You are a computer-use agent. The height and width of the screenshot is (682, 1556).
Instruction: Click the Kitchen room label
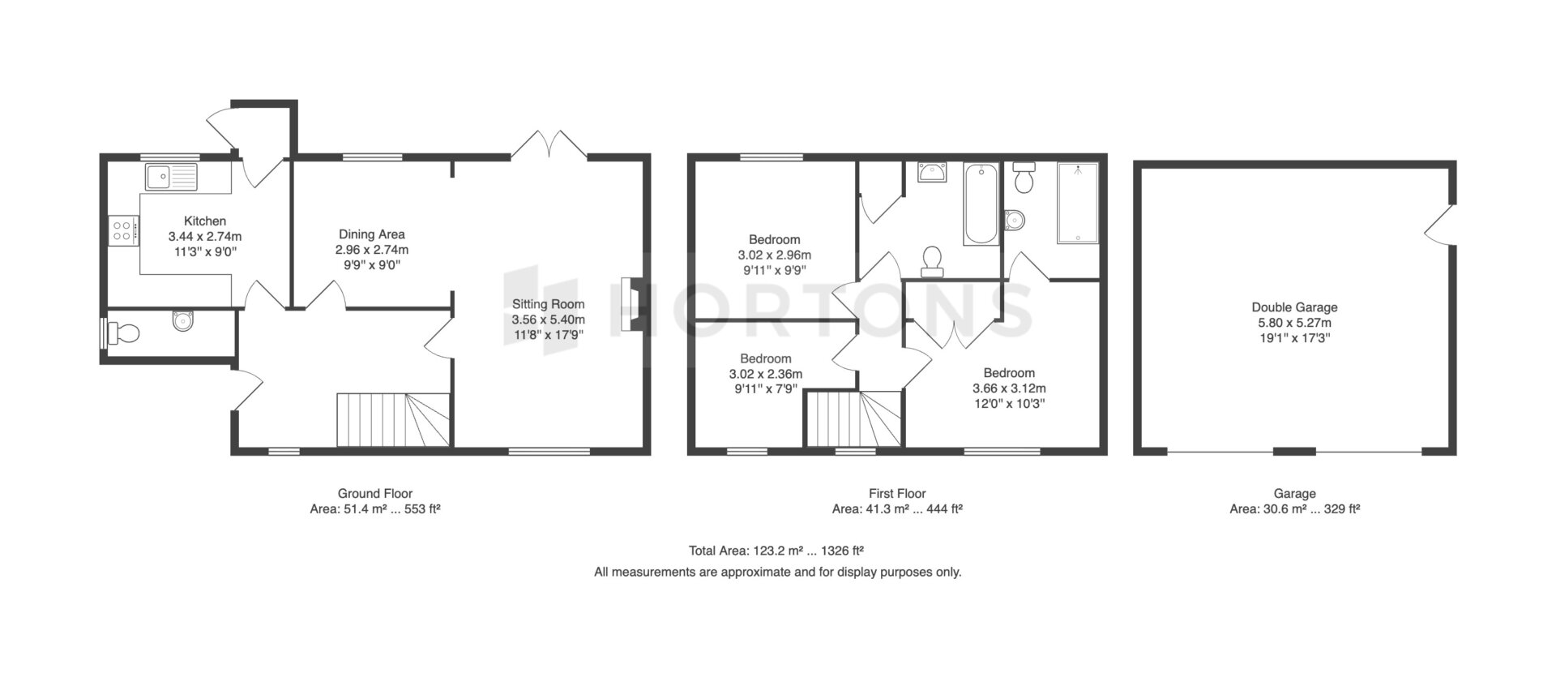tap(205, 221)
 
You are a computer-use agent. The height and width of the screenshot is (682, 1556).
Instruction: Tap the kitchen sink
tap(171, 175)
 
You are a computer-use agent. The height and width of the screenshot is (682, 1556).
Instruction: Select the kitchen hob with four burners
tap(122, 230)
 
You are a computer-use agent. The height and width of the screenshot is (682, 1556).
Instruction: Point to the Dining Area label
tap(372, 234)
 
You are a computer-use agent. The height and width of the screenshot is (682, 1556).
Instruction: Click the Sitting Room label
tap(548, 304)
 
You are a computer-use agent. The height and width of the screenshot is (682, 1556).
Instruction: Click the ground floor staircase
tap(393, 419)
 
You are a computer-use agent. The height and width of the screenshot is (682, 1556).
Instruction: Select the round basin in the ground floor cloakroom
tap(185, 321)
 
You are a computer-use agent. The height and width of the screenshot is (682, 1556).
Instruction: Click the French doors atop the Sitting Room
tap(550, 144)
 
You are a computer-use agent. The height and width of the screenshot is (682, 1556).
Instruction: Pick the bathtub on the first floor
tap(981, 204)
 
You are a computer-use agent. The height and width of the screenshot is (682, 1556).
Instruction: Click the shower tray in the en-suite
tap(1077, 203)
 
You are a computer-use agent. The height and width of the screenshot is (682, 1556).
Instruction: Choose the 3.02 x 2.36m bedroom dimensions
tap(765, 374)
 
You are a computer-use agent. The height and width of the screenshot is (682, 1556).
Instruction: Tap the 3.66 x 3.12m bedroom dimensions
tap(1009, 388)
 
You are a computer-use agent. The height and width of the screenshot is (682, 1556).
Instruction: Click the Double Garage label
tap(1294, 307)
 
